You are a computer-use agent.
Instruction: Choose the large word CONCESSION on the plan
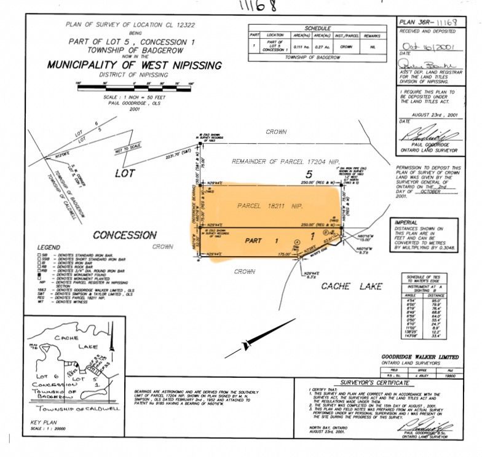pos(124,235)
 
